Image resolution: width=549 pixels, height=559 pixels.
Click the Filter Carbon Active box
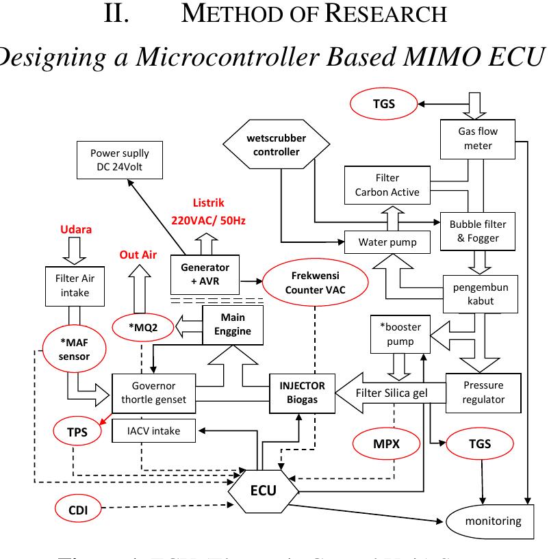tap(387, 185)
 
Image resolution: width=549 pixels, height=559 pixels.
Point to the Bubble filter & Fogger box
tap(474, 231)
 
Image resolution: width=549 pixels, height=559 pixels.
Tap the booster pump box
tap(396, 334)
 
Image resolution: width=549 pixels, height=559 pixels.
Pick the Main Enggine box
tap(233, 324)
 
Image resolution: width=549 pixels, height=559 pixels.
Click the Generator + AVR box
tap(205, 273)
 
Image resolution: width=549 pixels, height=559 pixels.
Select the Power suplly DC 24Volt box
tap(119, 159)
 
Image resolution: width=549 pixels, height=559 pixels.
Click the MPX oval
tap(386, 444)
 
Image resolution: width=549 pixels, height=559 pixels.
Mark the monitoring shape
tap(491, 521)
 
